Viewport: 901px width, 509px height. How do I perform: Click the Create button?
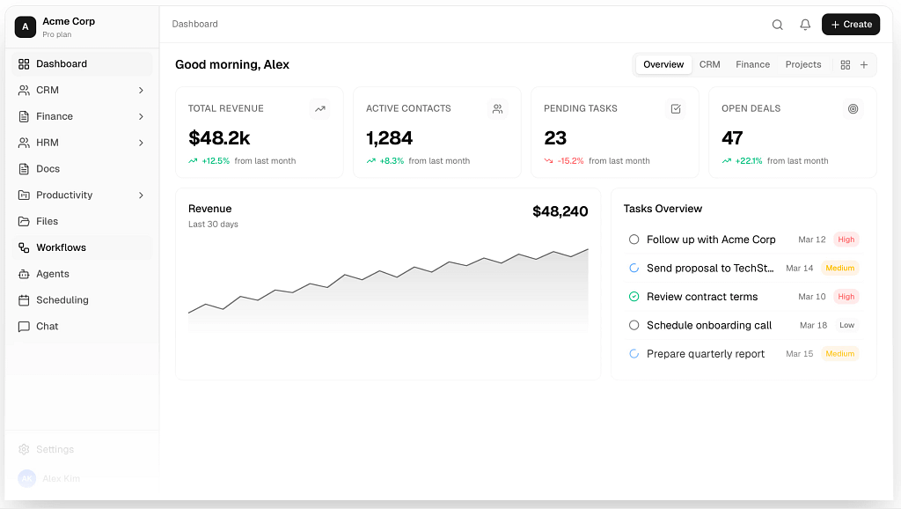[851, 24]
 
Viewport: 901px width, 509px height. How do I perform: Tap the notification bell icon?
[805, 24]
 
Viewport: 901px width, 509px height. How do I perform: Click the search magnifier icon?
[778, 24]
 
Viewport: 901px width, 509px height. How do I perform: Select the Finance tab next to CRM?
[752, 64]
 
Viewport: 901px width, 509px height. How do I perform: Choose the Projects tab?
[802, 64]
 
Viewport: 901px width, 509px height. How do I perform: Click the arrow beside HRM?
[141, 143]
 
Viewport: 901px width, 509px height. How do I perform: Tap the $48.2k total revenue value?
[219, 138]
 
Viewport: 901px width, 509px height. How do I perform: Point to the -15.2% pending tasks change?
[570, 161]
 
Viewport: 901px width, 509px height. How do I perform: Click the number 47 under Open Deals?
[732, 138]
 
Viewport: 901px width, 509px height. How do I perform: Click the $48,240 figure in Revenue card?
[560, 211]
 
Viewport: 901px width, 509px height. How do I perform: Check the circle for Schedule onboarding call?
[634, 325]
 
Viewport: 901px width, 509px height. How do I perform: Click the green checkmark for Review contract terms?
[634, 297]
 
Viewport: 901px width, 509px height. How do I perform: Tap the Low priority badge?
[846, 325]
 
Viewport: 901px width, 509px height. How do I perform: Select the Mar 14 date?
[799, 268]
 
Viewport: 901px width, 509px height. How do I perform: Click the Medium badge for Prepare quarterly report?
[839, 354]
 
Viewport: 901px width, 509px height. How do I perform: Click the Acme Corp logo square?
[26, 26]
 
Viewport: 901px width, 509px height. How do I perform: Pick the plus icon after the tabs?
[864, 65]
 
